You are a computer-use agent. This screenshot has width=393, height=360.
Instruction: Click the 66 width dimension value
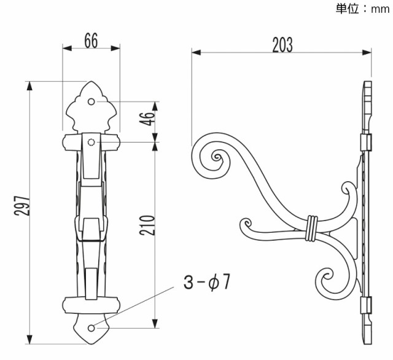pyautogui.click(x=91, y=41)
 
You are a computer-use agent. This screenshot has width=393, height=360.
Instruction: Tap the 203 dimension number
pyautogui.click(x=282, y=45)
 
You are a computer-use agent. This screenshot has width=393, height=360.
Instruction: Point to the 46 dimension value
pyautogui.click(x=147, y=119)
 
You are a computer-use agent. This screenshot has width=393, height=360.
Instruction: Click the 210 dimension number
pyautogui.click(x=147, y=225)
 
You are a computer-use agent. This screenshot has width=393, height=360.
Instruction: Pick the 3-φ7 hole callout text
pyautogui.click(x=206, y=282)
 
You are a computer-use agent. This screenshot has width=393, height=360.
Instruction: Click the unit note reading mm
pyautogui.click(x=380, y=10)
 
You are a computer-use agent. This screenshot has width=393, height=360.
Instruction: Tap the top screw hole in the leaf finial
pyautogui.click(x=91, y=102)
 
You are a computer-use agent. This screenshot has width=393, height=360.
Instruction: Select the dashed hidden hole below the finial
pyautogui.click(x=91, y=143)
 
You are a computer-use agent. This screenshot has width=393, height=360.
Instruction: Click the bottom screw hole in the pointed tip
pyautogui.click(x=91, y=328)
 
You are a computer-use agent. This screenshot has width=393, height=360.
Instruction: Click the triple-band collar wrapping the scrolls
pyautogui.click(x=312, y=228)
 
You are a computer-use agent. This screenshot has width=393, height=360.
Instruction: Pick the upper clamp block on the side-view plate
pyautogui.click(x=366, y=143)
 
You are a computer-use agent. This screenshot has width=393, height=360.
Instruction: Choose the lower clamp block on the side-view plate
pyautogui.click(x=366, y=305)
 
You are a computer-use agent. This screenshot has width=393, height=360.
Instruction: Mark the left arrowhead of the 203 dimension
pyautogui.click(x=196, y=53)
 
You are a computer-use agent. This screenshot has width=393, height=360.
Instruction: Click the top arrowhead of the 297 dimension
pyautogui.click(x=29, y=86)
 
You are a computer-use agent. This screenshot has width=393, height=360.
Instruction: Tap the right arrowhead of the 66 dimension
pyautogui.click(x=115, y=49)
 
